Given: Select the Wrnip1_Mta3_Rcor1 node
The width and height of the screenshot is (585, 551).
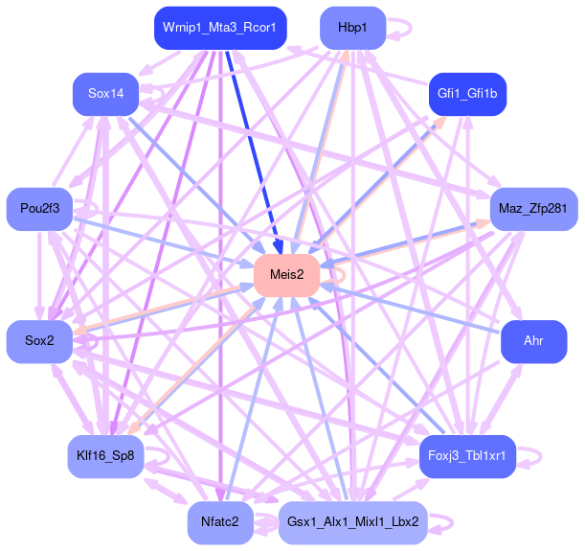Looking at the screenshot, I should point(219,28).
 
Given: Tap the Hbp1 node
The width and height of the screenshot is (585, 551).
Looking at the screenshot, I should point(352,28).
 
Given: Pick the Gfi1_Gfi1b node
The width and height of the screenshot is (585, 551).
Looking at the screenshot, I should point(466,94).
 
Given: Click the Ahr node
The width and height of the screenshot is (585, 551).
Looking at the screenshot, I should point(533,342).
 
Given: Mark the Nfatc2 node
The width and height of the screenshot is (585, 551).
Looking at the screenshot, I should point(220,522).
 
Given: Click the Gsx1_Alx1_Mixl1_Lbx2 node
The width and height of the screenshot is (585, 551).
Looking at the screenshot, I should point(353,522).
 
